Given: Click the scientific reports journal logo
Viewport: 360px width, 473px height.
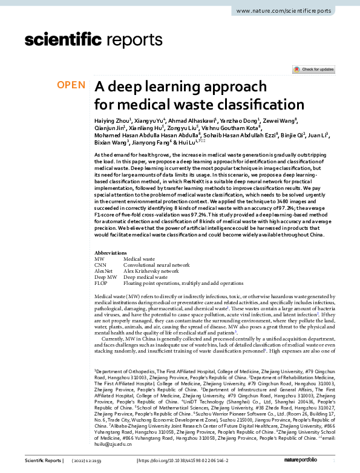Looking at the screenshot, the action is (71, 40).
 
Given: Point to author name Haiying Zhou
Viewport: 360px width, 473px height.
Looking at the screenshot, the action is (112, 121).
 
